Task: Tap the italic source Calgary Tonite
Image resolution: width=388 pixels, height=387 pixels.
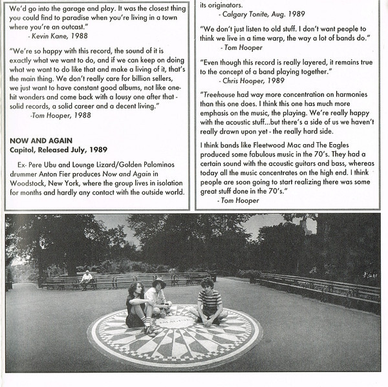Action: pyautogui.click(x=245, y=14)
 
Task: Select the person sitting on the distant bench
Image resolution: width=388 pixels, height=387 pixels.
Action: pyautogui.click(x=87, y=279)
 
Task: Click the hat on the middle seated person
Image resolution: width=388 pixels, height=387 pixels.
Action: pyautogui.click(x=159, y=282)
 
